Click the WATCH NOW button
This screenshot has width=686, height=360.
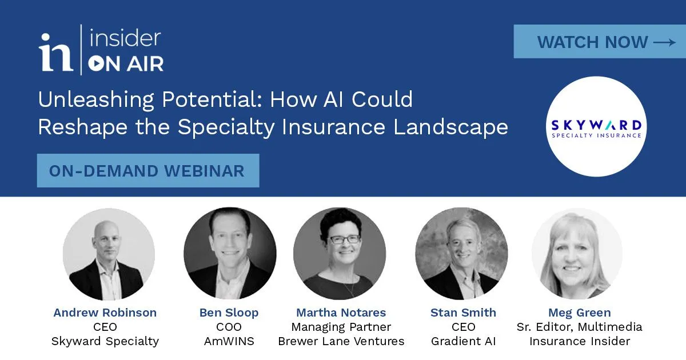[600, 41]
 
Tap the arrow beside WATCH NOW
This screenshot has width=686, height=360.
[664, 42]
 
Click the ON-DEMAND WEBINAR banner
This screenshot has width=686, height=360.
[148, 170]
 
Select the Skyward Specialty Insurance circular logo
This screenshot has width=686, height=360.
[596, 126]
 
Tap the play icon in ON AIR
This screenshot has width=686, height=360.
[95, 63]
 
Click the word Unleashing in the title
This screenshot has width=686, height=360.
[96, 100]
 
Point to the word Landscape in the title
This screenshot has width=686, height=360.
[450, 127]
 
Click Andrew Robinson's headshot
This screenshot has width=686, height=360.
[109, 254]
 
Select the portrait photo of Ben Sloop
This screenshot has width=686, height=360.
[230, 254]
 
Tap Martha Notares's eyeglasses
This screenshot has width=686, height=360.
[345, 239]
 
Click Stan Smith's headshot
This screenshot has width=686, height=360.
[461, 254]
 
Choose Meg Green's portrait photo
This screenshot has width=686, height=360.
[577, 254]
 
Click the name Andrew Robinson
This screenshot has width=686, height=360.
[105, 313]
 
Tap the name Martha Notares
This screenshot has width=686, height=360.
[341, 313]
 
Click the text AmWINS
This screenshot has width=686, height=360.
[229, 341]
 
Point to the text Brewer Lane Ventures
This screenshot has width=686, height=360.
[341, 341]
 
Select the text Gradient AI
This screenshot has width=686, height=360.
[464, 341]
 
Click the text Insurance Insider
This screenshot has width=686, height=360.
[580, 341]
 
